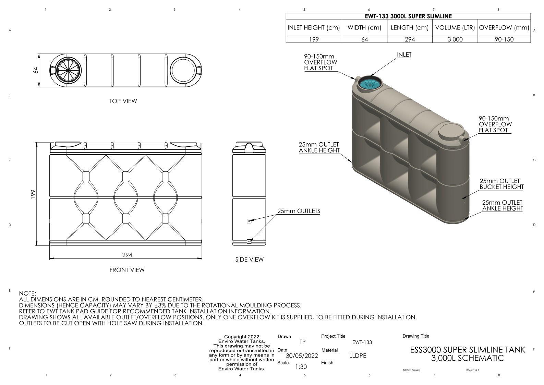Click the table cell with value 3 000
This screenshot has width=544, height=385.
[x=455, y=39]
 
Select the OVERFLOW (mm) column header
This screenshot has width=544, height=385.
[x=504, y=28]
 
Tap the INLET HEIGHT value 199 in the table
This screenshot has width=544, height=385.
[x=314, y=39]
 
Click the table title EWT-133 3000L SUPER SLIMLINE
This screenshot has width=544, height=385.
[x=408, y=16]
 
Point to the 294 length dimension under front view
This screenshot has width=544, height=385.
[x=127, y=255]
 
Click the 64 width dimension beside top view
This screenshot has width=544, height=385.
[x=35, y=70]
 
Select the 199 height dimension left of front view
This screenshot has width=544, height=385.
[x=33, y=194]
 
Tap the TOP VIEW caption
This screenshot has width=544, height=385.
[x=123, y=101]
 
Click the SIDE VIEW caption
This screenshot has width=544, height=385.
[x=249, y=260]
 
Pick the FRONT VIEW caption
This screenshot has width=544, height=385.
[x=127, y=270]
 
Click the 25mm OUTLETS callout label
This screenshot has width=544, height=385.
[x=299, y=211]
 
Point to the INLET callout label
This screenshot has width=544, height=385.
[x=404, y=55]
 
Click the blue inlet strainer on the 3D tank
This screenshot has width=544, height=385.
[x=370, y=83]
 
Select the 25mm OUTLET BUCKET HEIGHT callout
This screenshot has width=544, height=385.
[x=501, y=184]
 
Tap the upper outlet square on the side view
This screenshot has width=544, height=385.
[x=249, y=221]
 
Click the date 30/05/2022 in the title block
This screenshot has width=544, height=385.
[x=302, y=356]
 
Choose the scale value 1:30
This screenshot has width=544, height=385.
[x=301, y=367]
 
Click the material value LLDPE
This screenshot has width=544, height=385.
[x=358, y=356]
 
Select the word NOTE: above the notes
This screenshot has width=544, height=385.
[x=27, y=293]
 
